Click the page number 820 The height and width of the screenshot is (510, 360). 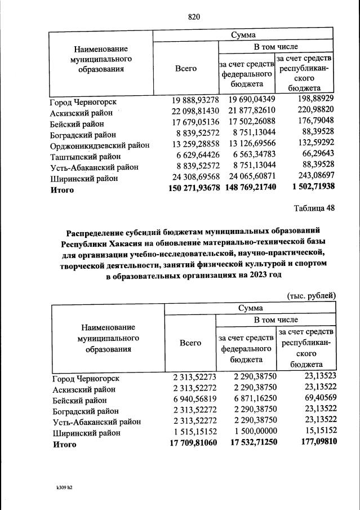point(194,16)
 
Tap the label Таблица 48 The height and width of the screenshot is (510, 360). point(314,207)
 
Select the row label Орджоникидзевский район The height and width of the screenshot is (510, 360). point(99,145)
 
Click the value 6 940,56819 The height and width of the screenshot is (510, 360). point(193,400)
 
